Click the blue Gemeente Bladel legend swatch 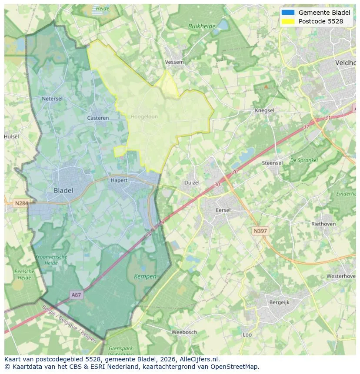click(x=288, y=13)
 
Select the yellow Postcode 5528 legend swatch click(x=288, y=21)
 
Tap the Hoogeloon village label click(x=144, y=117)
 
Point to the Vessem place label click(x=174, y=62)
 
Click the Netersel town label click(x=52, y=99)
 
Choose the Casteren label click(x=98, y=118)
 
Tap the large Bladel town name click(x=63, y=190)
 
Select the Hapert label click(x=119, y=180)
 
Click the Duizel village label click(x=192, y=182)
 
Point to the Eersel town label click(x=223, y=210)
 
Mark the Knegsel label click(x=264, y=110)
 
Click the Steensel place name click(x=272, y=163)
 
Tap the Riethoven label click(x=323, y=224)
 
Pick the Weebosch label click(x=184, y=332)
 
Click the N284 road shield click(x=21, y=203)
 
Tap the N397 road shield click(x=260, y=231)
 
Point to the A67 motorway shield click(x=76, y=295)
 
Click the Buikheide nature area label click(x=202, y=26)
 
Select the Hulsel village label click(x=12, y=136)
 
